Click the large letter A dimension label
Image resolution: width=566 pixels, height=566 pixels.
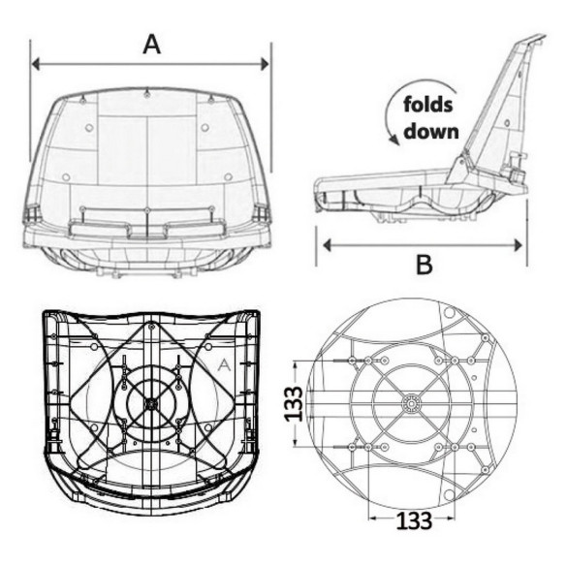pos(151,45)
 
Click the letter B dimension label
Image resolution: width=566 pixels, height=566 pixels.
pos(424,265)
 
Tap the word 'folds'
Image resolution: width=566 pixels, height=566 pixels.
pos(428,105)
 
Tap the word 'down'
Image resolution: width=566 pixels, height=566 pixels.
pos(431,131)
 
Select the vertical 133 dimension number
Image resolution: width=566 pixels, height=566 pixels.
pos(293,404)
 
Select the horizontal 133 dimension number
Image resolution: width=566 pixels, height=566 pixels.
pos(414,520)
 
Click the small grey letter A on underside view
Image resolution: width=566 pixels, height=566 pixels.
pos(224,365)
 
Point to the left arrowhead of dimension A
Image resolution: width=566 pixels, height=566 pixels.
pos(36,64)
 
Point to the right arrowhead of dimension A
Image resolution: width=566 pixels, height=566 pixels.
pos(265,64)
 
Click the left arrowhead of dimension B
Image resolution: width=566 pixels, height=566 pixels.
pos(327,245)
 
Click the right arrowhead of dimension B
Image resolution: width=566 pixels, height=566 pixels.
pos(519,245)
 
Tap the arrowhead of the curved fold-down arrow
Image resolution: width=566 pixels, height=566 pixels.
pos(395,141)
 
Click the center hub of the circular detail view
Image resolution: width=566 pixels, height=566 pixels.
pos(412,402)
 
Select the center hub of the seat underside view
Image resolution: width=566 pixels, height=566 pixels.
pos(151,404)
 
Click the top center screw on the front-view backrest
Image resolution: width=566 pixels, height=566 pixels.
pos(146,95)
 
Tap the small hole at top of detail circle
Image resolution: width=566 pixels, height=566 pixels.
pos(449,312)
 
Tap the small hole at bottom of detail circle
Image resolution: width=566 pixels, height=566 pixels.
pos(450,495)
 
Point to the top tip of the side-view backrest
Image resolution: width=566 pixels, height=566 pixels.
pos(544,35)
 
